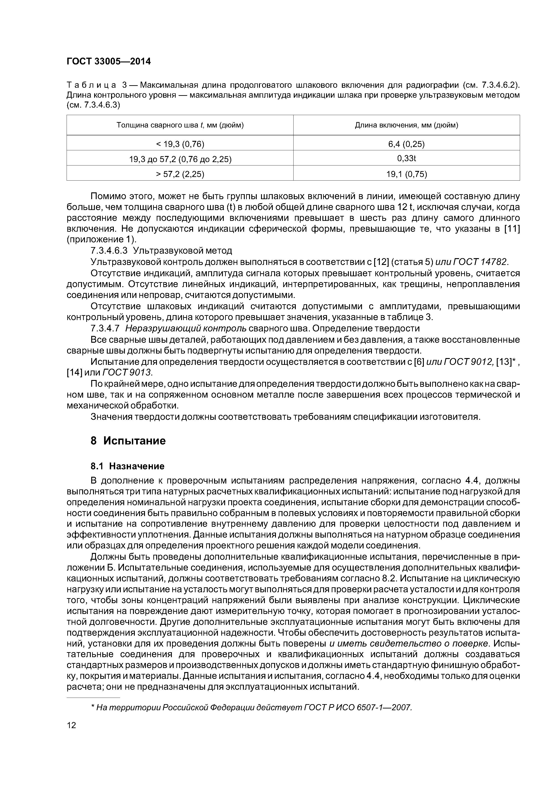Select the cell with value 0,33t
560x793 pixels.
point(406,158)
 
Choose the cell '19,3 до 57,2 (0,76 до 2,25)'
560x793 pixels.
point(180,159)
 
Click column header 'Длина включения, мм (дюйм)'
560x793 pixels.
point(406,125)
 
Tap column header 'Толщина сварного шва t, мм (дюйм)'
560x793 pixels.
point(180,125)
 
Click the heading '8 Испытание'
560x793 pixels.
point(128,441)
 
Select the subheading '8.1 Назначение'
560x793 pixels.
point(127,466)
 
